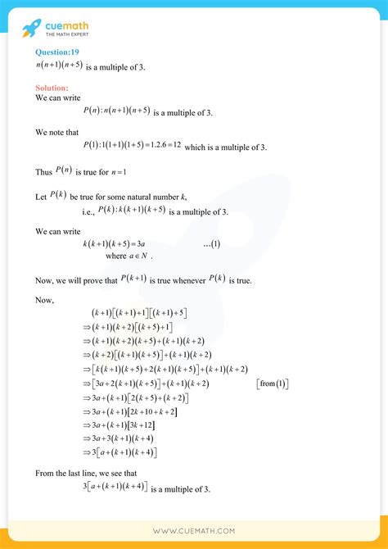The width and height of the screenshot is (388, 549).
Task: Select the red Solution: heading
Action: [52, 87]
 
